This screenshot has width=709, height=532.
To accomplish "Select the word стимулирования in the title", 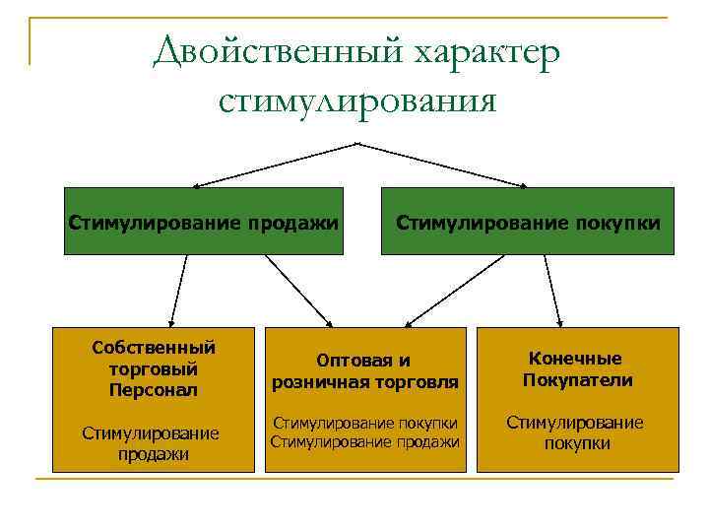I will pos(356,100).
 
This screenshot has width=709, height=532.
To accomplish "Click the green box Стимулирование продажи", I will pos(204,221).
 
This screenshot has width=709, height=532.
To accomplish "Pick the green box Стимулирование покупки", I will pos(528,221).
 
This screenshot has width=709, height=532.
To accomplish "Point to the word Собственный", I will pos(153,348).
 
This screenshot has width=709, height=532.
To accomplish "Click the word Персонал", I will pos(154,389).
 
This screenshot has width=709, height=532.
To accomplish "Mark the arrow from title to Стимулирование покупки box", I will pos(443,165).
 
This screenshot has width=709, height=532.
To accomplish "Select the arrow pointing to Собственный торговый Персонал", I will pos(178,291).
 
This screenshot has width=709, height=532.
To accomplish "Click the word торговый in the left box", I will pos(154,368).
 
